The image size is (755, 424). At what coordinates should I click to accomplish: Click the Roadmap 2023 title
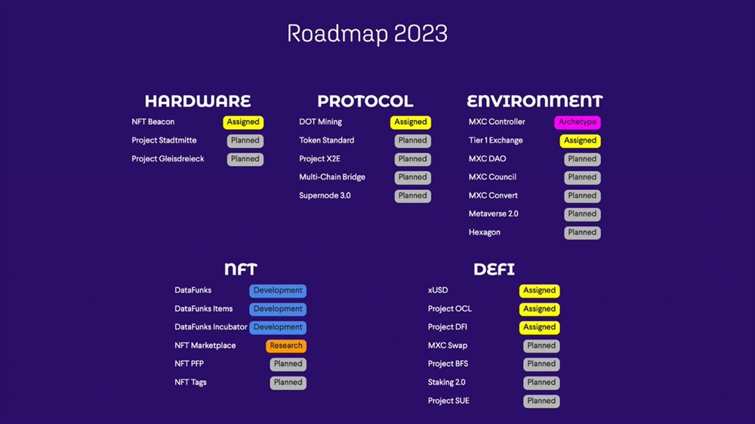pos(367,34)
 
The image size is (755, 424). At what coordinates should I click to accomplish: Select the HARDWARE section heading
pos(198,101)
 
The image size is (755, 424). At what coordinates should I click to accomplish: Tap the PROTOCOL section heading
pos(365,101)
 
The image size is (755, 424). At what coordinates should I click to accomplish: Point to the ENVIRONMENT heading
pos(535,101)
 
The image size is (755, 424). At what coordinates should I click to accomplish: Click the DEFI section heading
pos(494,269)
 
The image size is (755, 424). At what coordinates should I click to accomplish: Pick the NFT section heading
pos(241,269)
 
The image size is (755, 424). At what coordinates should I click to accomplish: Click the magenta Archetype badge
pos(578,122)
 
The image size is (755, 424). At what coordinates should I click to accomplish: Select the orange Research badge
pos(286,346)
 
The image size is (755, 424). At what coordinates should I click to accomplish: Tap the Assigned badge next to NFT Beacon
pos(243,122)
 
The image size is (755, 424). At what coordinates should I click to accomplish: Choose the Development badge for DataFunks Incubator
pos(278,327)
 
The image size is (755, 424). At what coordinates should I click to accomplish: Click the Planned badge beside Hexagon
pos(582,232)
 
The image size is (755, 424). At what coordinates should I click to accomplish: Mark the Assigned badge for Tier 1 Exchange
pos(580,140)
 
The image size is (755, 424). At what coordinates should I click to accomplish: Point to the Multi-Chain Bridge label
pos(332,177)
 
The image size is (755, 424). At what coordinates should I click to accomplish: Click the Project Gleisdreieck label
pos(168,159)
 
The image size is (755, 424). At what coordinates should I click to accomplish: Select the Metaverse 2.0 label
pos(494,214)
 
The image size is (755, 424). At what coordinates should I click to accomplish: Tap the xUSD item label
pos(438,290)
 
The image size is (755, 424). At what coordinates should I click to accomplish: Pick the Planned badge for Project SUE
pos(541,401)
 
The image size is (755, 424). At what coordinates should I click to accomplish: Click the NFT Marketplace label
pos(205,346)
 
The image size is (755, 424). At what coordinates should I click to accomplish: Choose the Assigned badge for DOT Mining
pos(411,122)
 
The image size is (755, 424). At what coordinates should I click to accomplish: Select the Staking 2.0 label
pos(446,383)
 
